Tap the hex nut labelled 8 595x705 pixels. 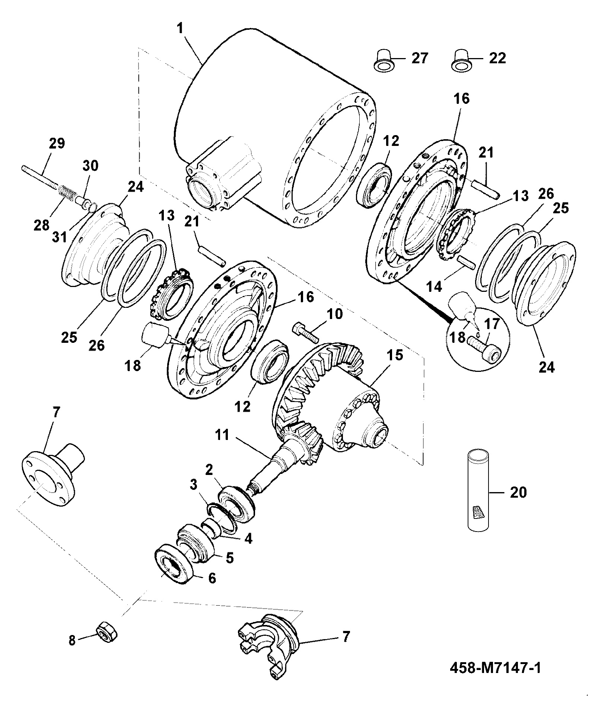[x=107, y=632]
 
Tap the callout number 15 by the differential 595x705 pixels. [x=395, y=355]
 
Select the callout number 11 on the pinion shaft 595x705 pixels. [x=223, y=435]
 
